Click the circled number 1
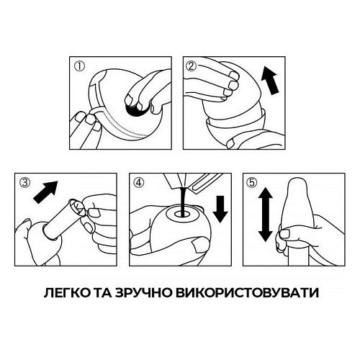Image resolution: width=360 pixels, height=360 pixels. [x=79, y=66]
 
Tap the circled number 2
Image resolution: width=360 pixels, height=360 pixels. [x=191, y=66]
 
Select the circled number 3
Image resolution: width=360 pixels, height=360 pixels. [x=25, y=183]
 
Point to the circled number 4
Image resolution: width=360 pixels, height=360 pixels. [x=139, y=183]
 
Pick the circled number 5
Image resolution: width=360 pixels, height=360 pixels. [x=251, y=183]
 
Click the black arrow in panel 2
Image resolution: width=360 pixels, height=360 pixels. [x=270, y=81]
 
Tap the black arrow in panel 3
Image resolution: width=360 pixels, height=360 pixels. [x=45, y=192]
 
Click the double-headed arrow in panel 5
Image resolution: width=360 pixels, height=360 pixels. [x=265, y=215]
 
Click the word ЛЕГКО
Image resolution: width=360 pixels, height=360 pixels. [x=67, y=293]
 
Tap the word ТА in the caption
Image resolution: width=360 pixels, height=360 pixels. [x=103, y=293]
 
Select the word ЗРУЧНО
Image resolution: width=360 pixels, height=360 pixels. [x=143, y=293]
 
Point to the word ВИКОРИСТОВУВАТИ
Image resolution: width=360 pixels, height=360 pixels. [x=247, y=293]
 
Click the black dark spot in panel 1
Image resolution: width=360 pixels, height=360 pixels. [x=135, y=111]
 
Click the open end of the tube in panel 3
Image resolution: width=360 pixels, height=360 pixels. [x=75, y=206]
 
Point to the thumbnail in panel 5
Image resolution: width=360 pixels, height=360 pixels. [x=285, y=234]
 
